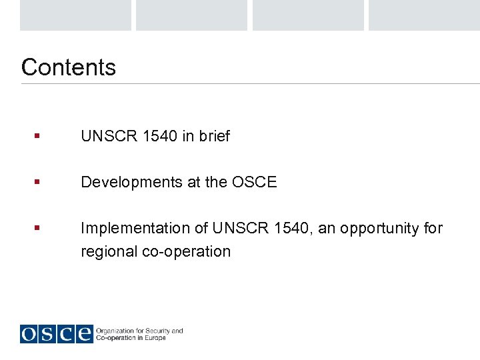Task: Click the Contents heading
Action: [68, 67]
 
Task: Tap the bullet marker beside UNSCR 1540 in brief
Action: [37, 136]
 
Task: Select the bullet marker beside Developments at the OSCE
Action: [37, 182]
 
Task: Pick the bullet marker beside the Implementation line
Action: [37, 228]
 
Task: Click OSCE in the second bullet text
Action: [254, 182]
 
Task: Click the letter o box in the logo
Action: [29, 333]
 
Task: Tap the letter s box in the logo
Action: [48, 333]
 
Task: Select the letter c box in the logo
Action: [66, 333]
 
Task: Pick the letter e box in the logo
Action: [84, 333]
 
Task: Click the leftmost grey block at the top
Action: [75, 15]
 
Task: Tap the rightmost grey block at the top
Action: [424, 15]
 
